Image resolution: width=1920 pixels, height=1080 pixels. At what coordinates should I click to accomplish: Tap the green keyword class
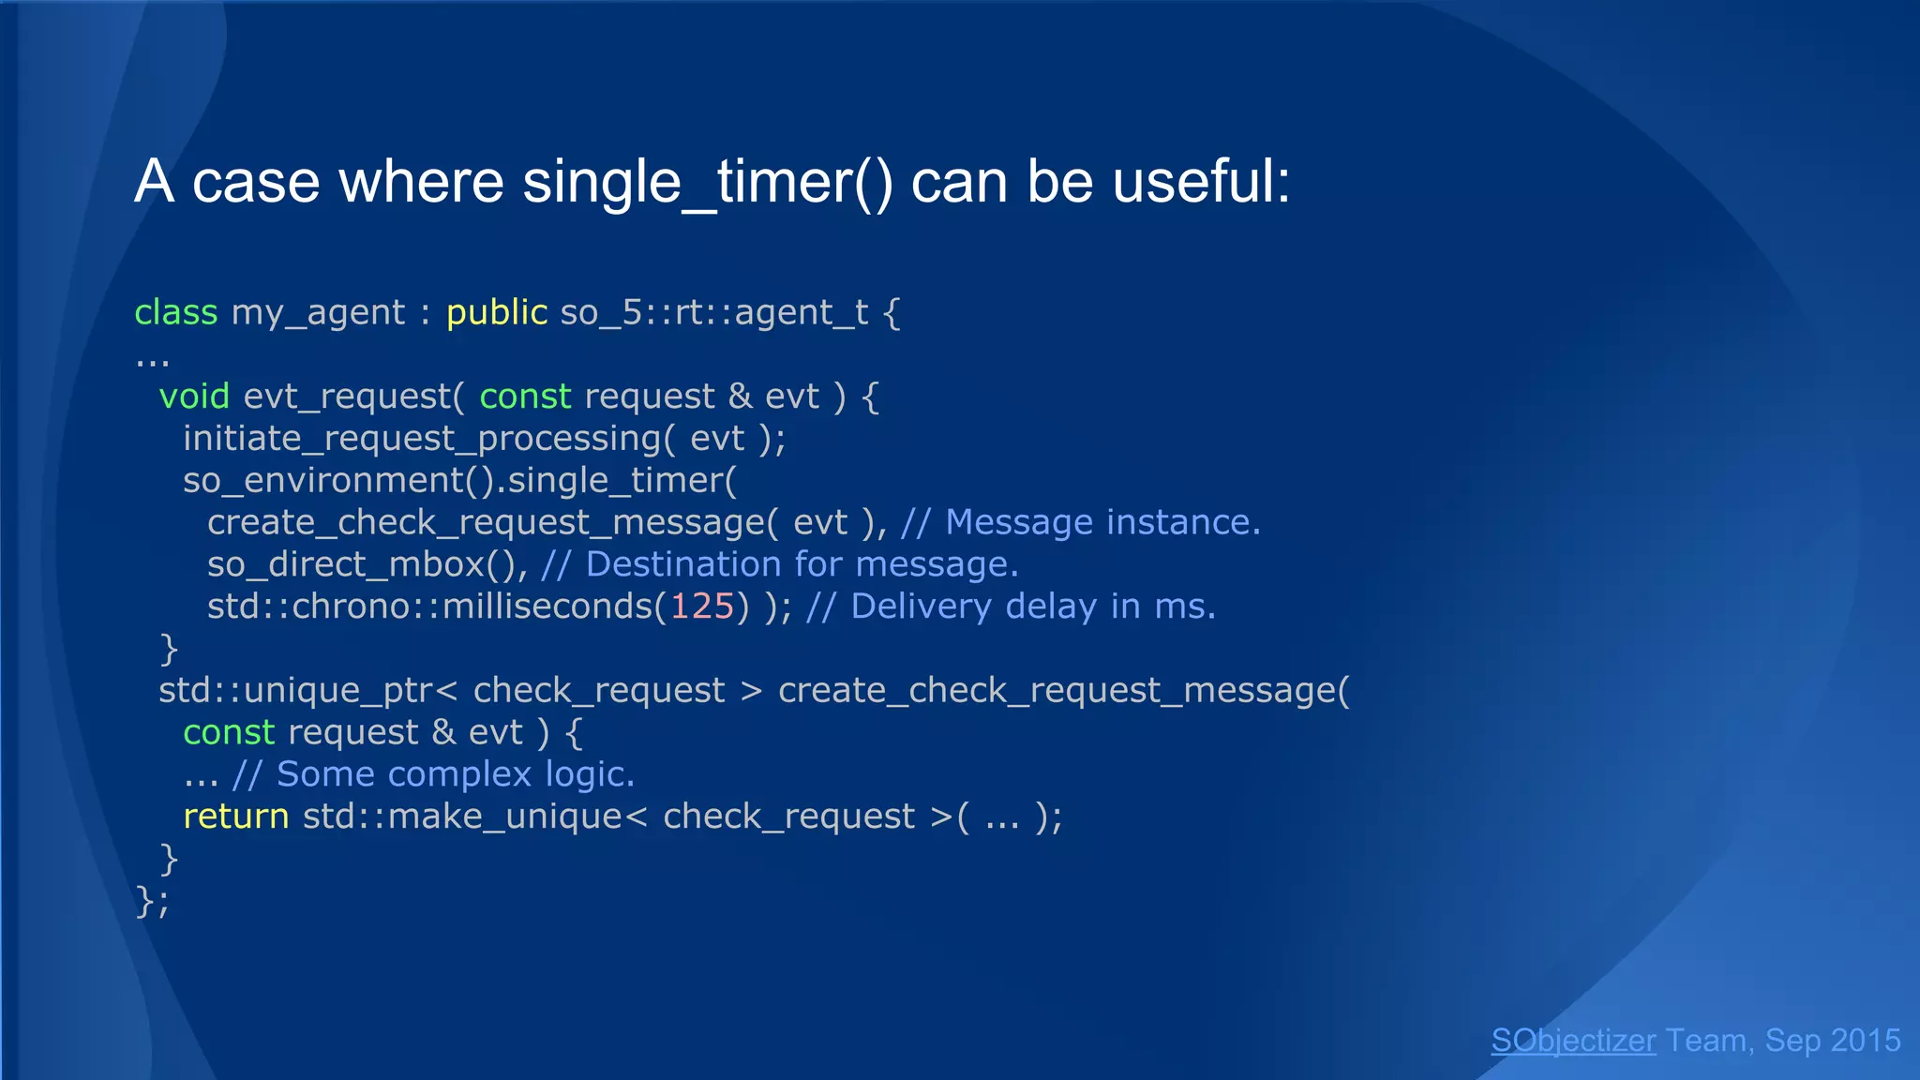175,312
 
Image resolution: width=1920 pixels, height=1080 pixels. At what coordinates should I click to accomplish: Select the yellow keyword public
496,312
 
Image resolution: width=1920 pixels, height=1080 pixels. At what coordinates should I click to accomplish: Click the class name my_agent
318,313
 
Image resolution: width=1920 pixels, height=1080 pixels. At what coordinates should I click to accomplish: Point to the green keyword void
194,397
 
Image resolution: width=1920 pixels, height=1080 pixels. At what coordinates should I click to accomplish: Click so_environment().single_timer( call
459,481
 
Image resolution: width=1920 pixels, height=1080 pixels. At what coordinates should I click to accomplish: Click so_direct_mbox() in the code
367,564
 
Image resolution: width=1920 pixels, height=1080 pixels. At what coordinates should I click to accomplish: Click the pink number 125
702,607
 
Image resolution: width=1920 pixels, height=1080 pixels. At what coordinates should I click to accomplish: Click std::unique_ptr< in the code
307,691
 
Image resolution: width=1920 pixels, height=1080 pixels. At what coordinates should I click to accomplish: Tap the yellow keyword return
235,817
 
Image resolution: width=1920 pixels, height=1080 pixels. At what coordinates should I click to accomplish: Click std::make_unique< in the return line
474,817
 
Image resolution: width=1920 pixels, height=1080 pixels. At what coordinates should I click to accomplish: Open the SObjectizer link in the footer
1573,1041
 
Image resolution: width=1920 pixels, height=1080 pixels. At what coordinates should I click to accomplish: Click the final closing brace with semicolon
152,901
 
